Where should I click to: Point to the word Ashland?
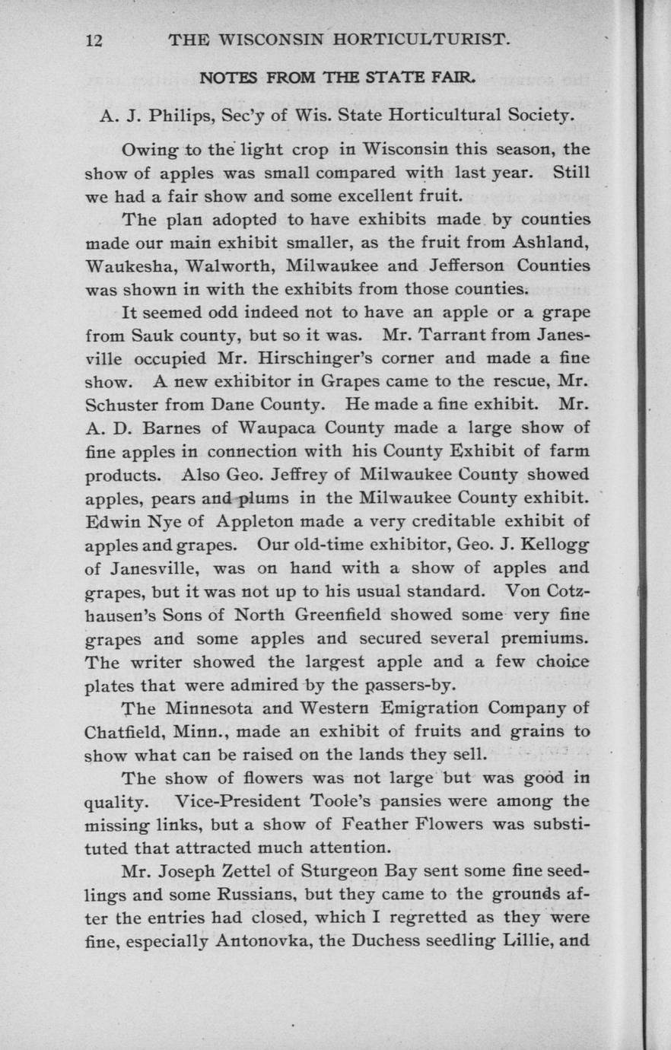549,243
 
